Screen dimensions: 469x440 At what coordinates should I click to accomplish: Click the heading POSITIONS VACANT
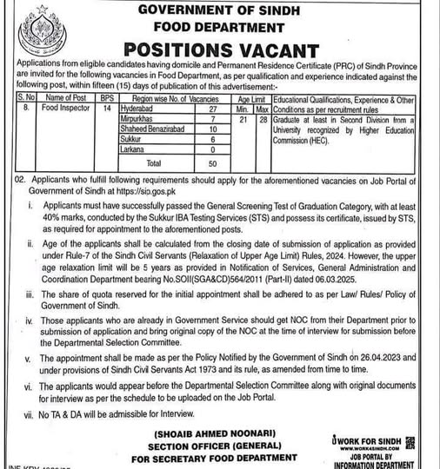pos(219,48)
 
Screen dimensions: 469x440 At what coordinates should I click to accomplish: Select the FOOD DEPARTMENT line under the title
pos(219,26)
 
